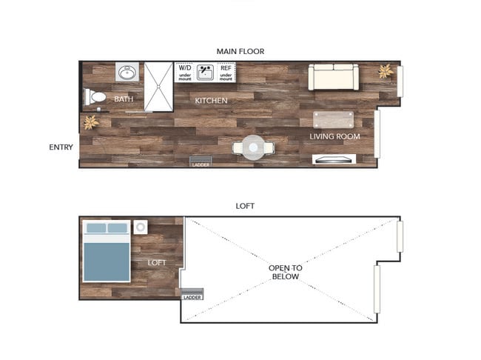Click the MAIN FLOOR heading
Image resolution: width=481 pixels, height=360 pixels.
[x=240, y=51]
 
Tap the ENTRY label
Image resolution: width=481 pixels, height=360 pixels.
[x=61, y=147]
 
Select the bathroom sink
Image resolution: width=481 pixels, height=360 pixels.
[x=127, y=73]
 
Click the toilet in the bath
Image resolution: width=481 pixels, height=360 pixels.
[x=95, y=97]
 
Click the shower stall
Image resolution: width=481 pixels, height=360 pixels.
[x=158, y=86]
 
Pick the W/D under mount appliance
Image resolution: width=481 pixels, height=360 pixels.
[x=184, y=72]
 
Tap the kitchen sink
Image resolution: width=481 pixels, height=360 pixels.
[x=205, y=72]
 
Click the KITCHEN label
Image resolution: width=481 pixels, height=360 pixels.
[x=211, y=100]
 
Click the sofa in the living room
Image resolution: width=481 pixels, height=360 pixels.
[x=332, y=77]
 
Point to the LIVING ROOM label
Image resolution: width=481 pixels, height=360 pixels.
[x=334, y=136]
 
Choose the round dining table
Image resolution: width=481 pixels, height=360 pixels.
[x=253, y=148]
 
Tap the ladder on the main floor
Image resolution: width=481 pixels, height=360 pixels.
[x=201, y=162]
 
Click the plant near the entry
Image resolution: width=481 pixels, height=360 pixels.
[x=90, y=122]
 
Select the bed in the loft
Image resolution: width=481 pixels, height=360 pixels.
[x=107, y=251]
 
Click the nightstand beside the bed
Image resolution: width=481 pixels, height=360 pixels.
[x=141, y=227]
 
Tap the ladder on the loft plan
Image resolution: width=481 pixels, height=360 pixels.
[x=191, y=293]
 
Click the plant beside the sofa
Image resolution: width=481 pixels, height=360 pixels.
[x=385, y=71]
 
